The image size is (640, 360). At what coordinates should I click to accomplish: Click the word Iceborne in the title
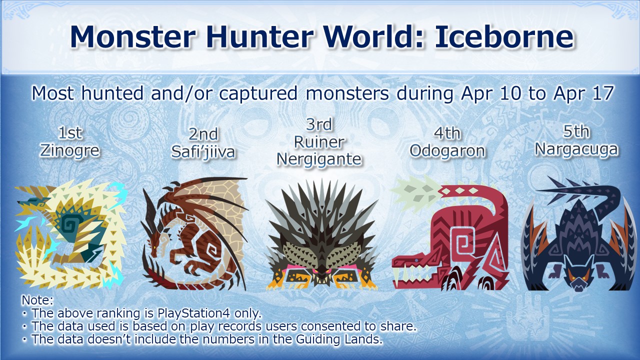click(x=504, y=37)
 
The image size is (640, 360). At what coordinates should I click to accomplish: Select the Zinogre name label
click(x=69, y=150)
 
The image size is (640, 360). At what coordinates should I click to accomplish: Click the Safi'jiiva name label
click(x=203, y=151)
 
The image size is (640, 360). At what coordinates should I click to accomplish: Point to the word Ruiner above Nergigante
click(x=319, y=142)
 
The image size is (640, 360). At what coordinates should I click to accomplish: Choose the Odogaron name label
click(x=447, y=151)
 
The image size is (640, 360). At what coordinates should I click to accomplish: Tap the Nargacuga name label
click(x=576, y=149)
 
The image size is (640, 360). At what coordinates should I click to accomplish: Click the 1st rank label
click(x=70, y=133)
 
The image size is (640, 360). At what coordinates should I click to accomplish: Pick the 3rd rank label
click(x=319, y=124)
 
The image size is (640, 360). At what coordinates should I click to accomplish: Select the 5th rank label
click(x=576, y=131)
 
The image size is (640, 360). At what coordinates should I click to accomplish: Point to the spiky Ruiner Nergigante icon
click(x=321, y=235)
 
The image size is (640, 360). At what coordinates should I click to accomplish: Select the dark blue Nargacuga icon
click(x=579, y=234)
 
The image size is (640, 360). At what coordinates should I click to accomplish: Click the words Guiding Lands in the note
click(x=338, y=339)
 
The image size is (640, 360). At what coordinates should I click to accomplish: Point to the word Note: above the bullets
click(x=37, y=300)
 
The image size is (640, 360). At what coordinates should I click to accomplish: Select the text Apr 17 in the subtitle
click(x=583, y=93)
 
